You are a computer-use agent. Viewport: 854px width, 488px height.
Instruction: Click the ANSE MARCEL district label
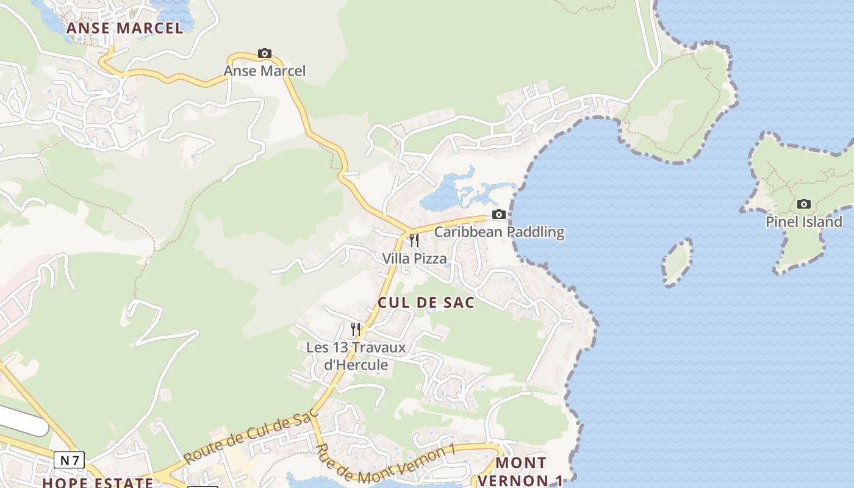coord(124,28)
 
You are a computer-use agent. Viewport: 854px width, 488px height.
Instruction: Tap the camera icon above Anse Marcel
coord(264,54)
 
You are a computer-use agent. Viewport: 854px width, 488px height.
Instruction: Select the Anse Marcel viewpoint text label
coord(264,71)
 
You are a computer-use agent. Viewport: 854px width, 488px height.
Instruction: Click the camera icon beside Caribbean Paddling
coord(499,215)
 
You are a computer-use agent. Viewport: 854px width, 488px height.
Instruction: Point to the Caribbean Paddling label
coord(499,232)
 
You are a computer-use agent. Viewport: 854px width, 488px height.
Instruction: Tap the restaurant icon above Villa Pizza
coord(414,240)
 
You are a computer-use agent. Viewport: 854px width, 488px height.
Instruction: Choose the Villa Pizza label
coord(414,259)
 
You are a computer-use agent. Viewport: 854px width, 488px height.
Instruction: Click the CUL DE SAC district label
coord(426,303)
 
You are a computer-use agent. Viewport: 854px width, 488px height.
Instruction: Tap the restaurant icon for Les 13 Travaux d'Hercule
coord(356,329)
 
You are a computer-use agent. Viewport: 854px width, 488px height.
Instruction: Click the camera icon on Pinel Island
coord(804,204)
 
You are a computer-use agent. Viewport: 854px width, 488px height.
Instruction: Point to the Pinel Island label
coord(804,222)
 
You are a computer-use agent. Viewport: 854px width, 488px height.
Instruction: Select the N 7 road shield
coord(69,460)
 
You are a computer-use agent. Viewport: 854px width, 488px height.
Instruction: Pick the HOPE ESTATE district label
coord(98,483)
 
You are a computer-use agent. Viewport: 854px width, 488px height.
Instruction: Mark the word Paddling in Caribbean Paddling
coord(535,232)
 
